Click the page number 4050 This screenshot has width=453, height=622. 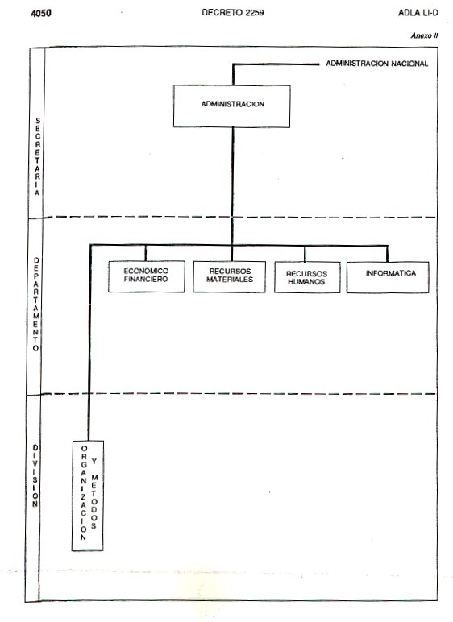click(41, 13)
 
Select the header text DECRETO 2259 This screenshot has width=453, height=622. click(233, 13)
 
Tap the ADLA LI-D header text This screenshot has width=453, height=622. click(418, 13)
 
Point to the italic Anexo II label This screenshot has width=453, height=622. click(424, 35)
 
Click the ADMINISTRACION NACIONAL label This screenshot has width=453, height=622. click(376, 64)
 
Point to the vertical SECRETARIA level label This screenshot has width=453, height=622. click(37, 156)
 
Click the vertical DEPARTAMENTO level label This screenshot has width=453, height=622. click(36, 305)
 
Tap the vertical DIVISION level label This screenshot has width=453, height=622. click(35, 475)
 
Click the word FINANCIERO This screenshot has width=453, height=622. click(146, 280)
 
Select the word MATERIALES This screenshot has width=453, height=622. click(230, 280)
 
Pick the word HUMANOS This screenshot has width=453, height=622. click(306, 282)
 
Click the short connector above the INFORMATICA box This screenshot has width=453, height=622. click(388, 254)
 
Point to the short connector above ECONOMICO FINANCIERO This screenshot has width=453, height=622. click(146, 253)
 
